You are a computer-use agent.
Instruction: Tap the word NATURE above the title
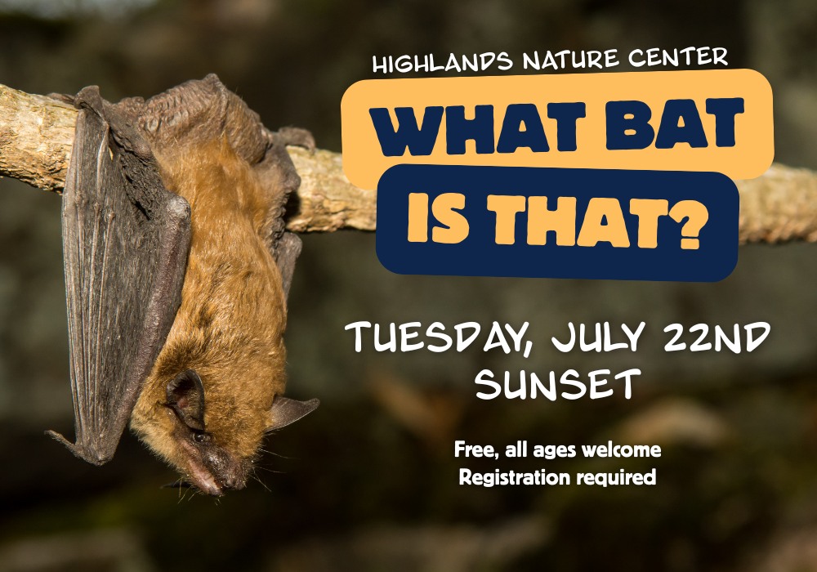(571, 59)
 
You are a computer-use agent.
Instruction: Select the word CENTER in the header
(678, 56)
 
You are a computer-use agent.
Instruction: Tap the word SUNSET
(557, 383)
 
